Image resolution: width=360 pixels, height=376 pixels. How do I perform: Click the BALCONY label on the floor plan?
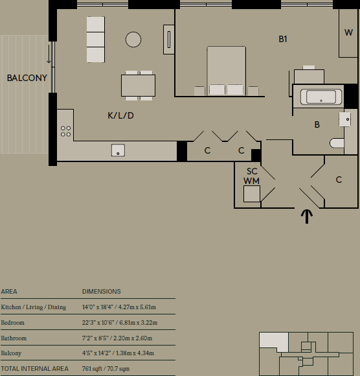(27, 78)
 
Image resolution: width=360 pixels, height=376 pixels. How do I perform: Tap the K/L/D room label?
(120, 116)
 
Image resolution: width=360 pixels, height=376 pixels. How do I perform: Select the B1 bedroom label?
(283, 40)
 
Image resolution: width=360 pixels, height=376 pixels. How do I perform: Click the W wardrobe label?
(348, 32)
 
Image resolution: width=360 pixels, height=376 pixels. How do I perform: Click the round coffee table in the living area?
(133, 40)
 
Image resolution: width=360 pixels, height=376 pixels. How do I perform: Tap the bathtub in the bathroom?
(321, 98)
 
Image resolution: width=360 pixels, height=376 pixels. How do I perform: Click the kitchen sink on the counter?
(118, 150)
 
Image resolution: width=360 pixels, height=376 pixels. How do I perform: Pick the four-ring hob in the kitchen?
(66, 131)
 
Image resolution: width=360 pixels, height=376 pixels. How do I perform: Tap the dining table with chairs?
(138, 84)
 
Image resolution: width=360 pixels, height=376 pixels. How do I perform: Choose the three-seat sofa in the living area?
(95, 39)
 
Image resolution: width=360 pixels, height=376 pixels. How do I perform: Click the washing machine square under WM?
(251, 194)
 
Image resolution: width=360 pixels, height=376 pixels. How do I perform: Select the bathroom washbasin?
(346, 120)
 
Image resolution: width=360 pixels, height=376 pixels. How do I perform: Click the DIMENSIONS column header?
(101, 292)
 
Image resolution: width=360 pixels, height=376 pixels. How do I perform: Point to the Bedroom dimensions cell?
(119, 322)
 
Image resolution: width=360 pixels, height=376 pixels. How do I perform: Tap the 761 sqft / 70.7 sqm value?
(106, 369)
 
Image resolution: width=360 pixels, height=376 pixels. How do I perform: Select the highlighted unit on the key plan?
(273, 342)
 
